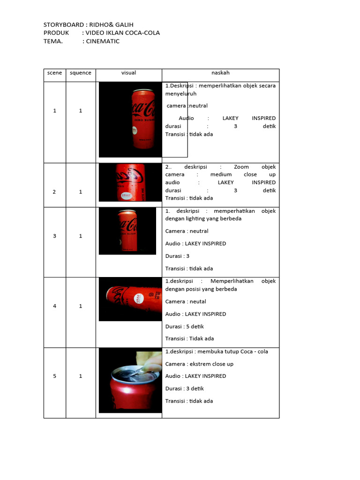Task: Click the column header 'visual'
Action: [128, 73]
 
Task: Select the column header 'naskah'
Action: [220, 73]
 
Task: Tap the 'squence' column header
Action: [81, 73]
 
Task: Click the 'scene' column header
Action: [54, 73]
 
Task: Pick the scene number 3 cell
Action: [54, 236]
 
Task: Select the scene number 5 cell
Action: [54, 376]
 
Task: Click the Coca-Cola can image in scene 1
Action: [143, 119]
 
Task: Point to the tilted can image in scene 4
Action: [130, 299]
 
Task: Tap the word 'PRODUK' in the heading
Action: [56, 33]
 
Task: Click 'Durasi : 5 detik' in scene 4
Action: [185, 326]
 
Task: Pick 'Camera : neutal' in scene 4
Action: [186, 301]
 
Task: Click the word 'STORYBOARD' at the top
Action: [62, 24]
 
